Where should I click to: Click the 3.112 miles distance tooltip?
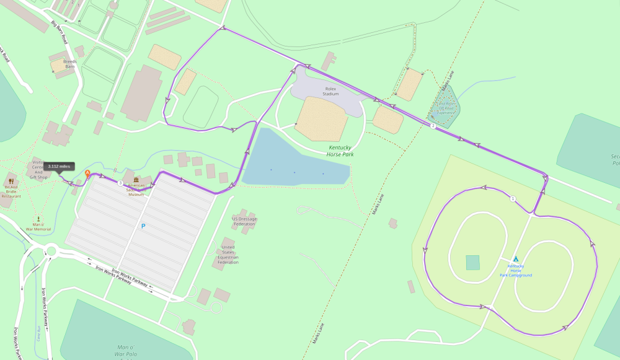point(59,166)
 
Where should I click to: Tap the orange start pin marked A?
point(87,175)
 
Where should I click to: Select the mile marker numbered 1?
point(513,198)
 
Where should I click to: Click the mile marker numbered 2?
point(433,126)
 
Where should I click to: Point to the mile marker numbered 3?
point(120,183)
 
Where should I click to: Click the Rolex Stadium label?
point(331,91)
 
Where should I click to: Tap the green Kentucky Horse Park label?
point(340,151)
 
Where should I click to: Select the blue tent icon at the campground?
point(515,259)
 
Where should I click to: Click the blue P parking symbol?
point(143,226)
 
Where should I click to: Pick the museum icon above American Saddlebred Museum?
point(136,180)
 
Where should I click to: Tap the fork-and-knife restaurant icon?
point(11,182)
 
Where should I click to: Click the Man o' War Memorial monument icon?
point(38,219)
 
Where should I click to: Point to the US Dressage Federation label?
point(244,221)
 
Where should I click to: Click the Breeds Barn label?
point(69,64)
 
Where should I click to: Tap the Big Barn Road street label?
point(60,32)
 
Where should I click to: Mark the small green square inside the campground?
point(473,262)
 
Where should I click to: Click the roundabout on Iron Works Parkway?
point(51,252)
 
